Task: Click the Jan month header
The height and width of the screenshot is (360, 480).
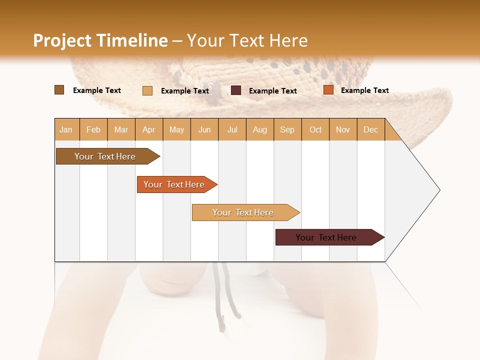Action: [x=66, y=129]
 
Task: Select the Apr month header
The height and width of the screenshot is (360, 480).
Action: [x=149, y=129]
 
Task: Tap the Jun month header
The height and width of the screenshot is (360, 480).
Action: [x=204, y=129]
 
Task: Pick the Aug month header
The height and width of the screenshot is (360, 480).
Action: [x=260, y=129]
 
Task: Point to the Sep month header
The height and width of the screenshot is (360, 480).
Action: [x=287, y=129]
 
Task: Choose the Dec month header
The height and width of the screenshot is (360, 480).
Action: [x=370, y=129]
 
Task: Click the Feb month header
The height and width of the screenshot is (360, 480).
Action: [x=93, y=129]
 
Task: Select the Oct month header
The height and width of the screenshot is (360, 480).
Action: [x=315, y=129]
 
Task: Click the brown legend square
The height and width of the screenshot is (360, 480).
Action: [x=59, y=90]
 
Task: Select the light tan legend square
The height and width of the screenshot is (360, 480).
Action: [x=147, y=90]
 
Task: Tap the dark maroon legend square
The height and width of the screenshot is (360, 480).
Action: [x=236, y=90]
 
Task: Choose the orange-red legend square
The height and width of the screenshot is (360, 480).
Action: [x=328, y=90]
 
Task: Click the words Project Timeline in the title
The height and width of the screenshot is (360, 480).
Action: [x=100, y=40]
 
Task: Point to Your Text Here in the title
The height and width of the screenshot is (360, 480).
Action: [x=247, y=40]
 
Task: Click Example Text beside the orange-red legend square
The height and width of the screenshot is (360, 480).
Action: [x=364, y=90]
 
